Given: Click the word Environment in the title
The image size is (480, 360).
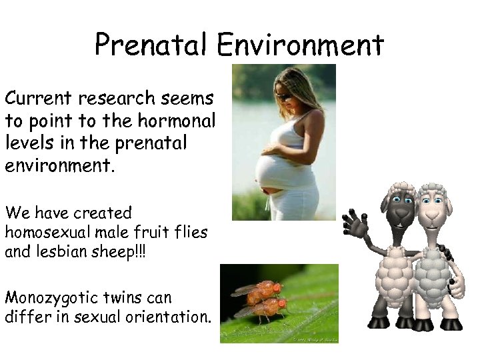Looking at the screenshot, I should pos(300,45).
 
